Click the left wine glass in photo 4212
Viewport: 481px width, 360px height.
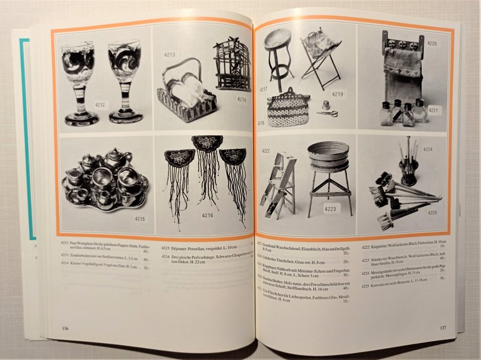coord(78,78)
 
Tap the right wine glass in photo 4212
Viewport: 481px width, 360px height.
coord(125,78)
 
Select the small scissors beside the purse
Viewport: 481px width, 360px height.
coord(327,113)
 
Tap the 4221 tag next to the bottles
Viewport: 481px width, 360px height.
coord(435,110)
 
